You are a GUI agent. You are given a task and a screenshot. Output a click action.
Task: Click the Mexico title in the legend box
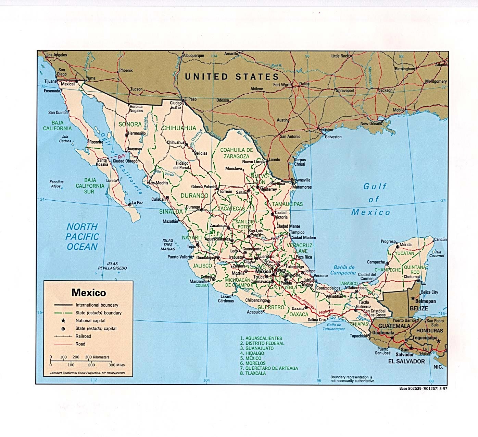tap(89, 293)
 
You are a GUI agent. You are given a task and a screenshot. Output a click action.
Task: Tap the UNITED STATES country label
tap(232, 76)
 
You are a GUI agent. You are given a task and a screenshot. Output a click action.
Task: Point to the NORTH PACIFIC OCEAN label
tap(82, 237)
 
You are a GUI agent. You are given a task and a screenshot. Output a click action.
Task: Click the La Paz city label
tap(137, 203)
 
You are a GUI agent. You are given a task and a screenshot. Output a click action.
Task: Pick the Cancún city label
tap(440, 239)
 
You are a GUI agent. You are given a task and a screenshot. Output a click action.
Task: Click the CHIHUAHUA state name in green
tap(179, 128)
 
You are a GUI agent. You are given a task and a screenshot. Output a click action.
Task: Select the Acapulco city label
tap(254, 312)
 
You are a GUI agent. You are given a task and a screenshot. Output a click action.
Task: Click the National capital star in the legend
tap(63, 320)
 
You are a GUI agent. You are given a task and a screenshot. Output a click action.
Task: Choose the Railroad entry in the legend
tap(83, 336)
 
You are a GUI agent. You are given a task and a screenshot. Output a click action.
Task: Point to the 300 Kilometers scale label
tap(97, 357)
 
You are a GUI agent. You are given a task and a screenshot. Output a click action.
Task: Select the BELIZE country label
tap(419, 308)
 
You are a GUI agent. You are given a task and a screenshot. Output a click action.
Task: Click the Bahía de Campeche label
tap(343, 270)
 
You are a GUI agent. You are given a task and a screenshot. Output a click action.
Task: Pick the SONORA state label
tap(130, 124)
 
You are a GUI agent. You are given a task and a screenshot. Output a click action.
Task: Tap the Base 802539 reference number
tap(423, 389)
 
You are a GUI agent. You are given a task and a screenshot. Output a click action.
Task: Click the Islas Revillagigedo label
tap(112, 266)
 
